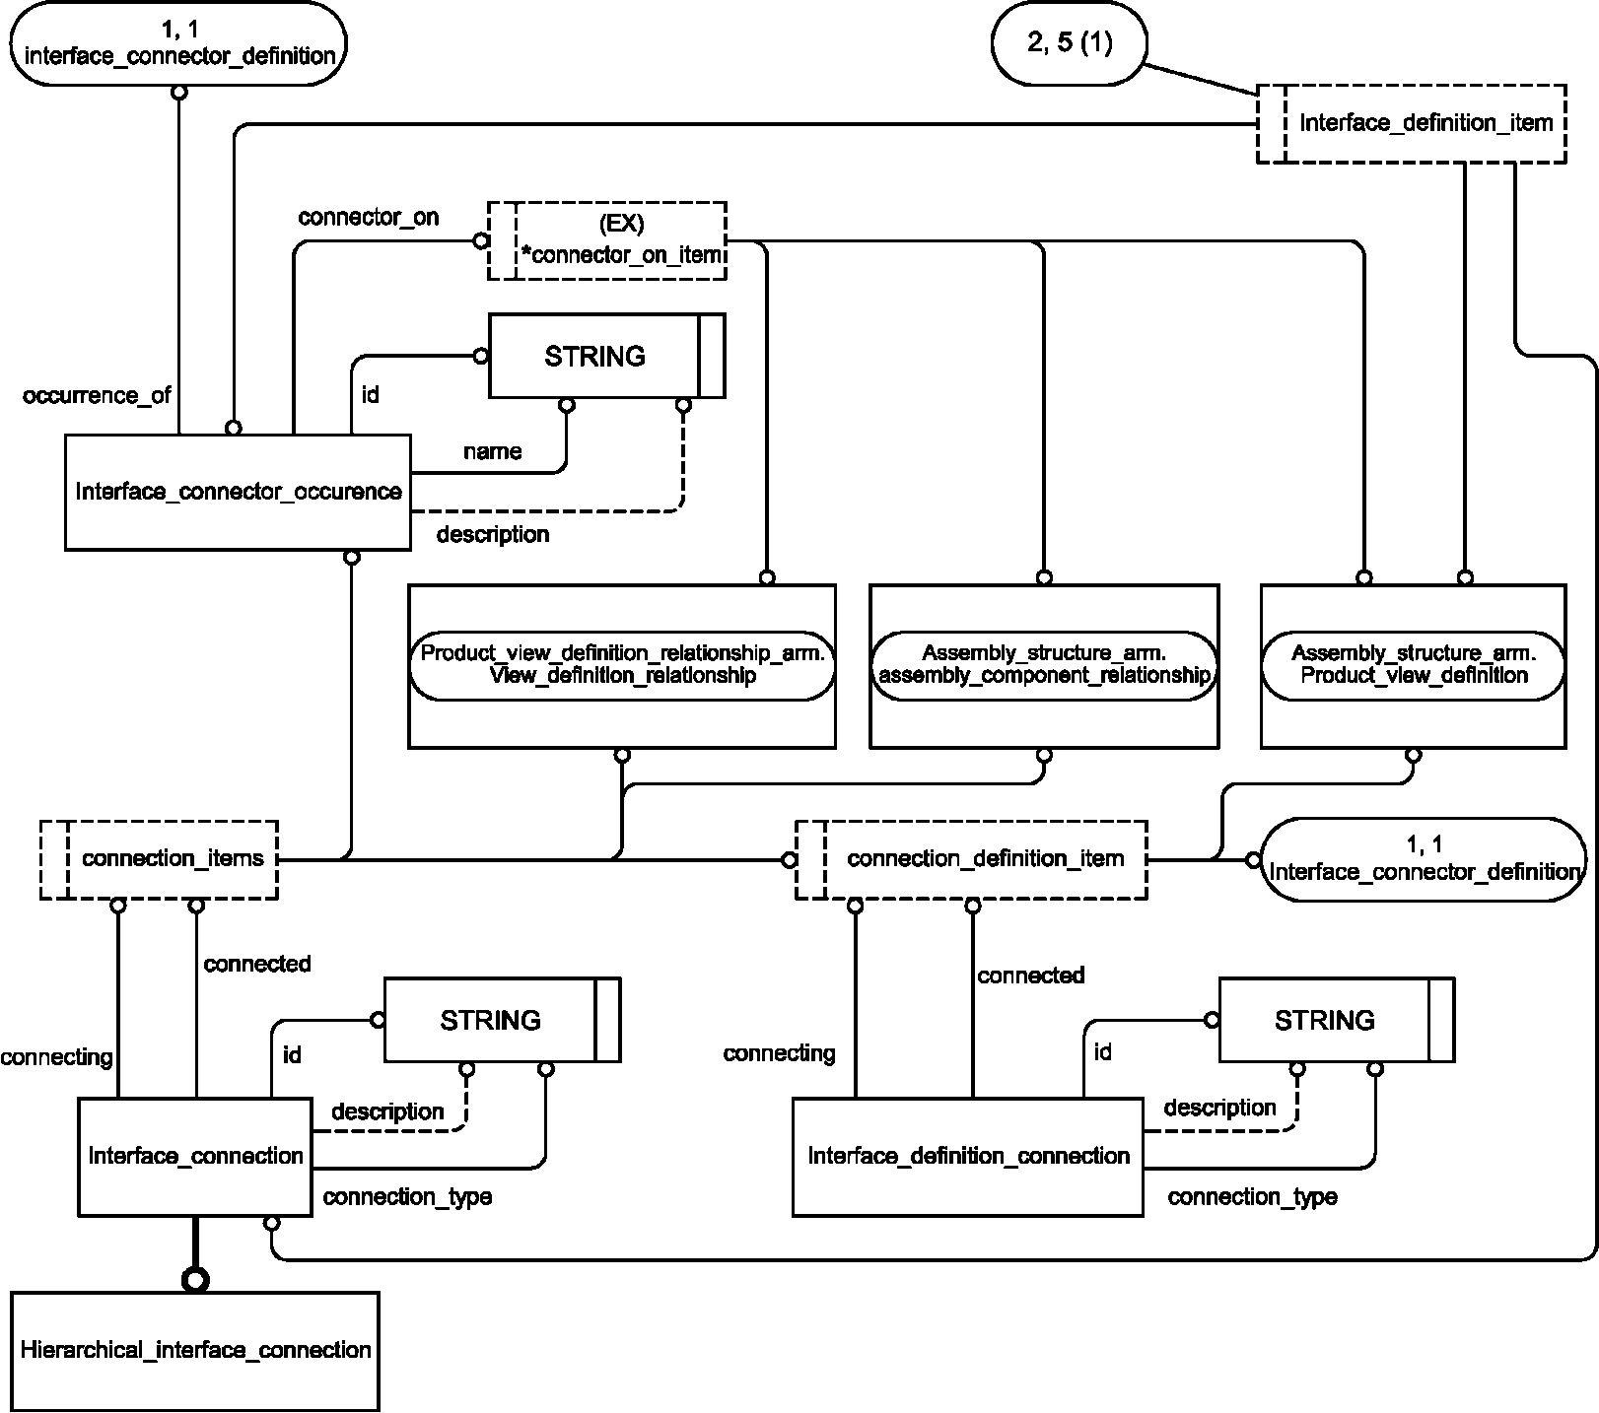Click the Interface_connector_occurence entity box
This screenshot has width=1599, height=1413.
click(x=238, y=492)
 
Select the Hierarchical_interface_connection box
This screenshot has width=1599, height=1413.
click(x=195, y=1350)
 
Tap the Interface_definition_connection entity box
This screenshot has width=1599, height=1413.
click(x=968, y=1156)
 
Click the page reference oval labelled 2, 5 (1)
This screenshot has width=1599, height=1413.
click(x=1069, y=43)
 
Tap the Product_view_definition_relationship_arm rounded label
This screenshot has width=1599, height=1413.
click(x=622, y=665)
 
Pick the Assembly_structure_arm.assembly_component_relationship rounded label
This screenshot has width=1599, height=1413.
click(x=1044, y=665)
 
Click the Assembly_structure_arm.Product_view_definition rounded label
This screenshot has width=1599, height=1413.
click(x=1414, y=665)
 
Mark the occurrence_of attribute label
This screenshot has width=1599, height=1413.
click(x=97, y=395)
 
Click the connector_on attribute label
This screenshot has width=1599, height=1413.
click(x=369, y=217)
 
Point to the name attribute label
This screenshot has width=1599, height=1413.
click(x=492, y=451)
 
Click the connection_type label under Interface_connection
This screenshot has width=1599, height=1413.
click(x=407, y=1196)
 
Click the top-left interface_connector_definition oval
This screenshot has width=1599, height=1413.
click(x=178, y=43)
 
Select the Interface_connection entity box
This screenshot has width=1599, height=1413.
click(x=195, y=1156)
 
